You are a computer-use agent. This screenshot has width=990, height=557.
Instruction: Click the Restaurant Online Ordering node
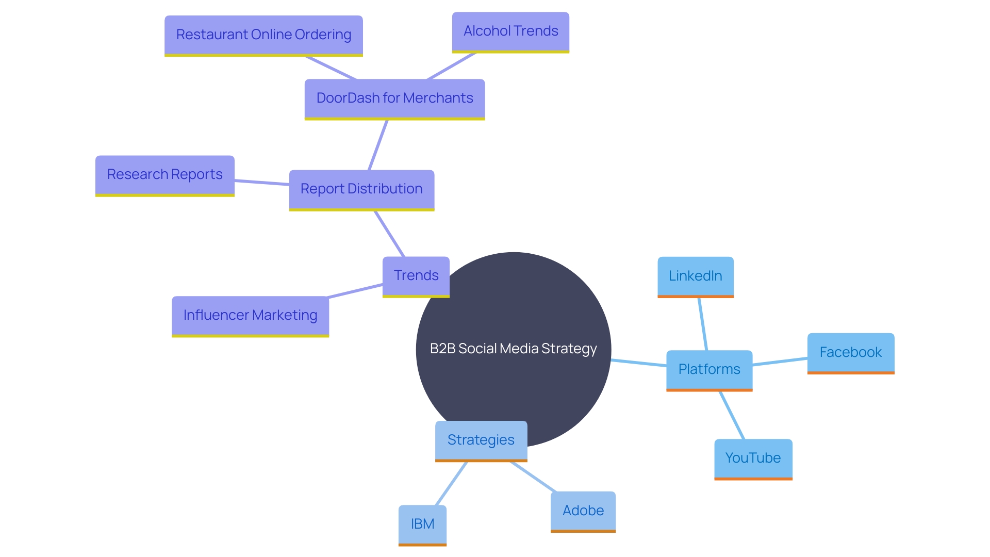(x=263, y=35)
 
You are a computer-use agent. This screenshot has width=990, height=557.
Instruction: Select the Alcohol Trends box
(x=510, y=31)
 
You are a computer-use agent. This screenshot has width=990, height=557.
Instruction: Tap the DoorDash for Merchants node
(x=394, y=98)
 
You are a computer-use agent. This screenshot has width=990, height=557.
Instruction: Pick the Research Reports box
(x=164, y=175)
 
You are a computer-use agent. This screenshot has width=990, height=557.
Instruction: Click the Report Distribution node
(x=361, y=189)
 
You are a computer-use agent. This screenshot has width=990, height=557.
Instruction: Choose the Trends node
(x=416, y=275)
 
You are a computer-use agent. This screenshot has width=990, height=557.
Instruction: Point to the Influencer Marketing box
(x=250, y=315)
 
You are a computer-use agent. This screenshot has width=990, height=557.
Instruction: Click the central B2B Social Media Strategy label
(x=513, y=349)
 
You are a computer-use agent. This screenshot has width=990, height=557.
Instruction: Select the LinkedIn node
(x=695, y=276)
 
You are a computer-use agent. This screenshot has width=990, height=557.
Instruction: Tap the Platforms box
(x=709, y=369)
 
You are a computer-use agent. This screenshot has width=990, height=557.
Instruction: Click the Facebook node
(x=850, y=352)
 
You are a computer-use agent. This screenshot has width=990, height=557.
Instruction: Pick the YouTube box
(x=753, y=458)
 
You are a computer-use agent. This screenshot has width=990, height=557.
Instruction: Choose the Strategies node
(x=481, y=440)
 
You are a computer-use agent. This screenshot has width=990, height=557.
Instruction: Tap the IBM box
(x=422, y=524)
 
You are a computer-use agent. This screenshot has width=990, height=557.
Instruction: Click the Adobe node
(x=583, y=511)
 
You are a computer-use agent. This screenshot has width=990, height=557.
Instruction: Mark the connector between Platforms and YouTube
(x=732, y=415)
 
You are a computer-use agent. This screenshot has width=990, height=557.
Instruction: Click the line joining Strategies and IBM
(x=451, y=483)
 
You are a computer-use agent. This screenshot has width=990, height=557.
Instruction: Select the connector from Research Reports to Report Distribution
(x=261, y=183)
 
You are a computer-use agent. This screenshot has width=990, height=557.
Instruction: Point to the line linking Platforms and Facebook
(x=780, y=362)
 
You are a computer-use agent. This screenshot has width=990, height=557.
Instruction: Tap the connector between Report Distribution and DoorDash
(x=378, y=145)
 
